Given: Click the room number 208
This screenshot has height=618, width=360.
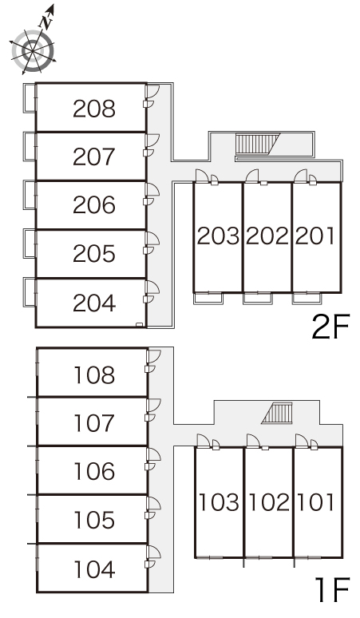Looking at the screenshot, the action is pyautogui.click(x=94, y=109).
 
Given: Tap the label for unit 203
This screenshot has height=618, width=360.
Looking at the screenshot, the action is pyautogui.click(x=218, y=236).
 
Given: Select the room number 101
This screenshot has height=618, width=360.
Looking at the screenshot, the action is pyautogui.click(x=315, y=501).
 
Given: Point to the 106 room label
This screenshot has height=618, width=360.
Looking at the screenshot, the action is pyautogui.click(x=94, y=471).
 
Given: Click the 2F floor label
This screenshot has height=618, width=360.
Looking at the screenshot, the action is pyautogui.click(x=330, y=327).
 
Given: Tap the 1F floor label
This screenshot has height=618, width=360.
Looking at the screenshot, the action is pyautogui.click(x=332, y=589).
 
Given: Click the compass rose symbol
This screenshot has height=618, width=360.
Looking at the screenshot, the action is pyautogui.click(x=33, y=50).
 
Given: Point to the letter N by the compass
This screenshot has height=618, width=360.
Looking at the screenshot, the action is pyautogui.click(x=47, y=22).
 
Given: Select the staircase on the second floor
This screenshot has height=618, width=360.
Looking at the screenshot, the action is pyautogui.click(x=257, y=143).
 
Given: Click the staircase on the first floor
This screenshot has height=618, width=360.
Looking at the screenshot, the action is pyautogui.click(x=278, y=413).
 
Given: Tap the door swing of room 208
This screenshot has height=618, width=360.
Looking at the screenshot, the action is pyautogui.click(x=152, y=92).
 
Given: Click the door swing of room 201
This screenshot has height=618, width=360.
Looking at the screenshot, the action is pyautogui.click(x=300, y=176).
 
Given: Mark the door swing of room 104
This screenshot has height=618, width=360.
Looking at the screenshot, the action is pyautogui.click(x=154, y=552).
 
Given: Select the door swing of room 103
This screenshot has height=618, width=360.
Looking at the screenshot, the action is pyautogui.click(x=204, y=441).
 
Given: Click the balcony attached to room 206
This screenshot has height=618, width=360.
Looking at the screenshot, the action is pyautogui.click(x=30, y=195).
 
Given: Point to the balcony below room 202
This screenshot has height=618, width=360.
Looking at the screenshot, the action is pyautogui.click(x=258, y=299).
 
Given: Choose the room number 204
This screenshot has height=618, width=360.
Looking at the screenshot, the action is pyautogui.click(x=94, y=303).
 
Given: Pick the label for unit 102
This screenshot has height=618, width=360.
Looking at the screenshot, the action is pyautogui.click(x=270, y=501).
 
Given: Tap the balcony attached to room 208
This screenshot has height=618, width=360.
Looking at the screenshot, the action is pyautogui.click(x=30, y=97).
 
